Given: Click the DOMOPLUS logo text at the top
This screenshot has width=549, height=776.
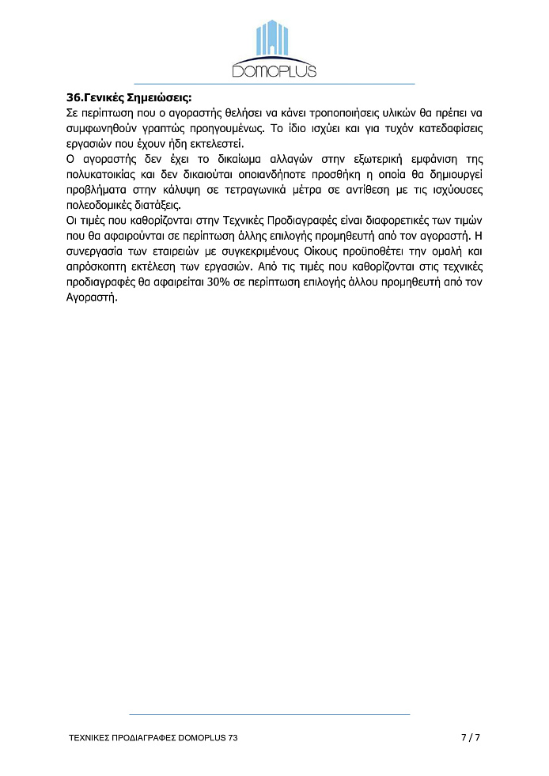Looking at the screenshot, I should click(x=274, y=71).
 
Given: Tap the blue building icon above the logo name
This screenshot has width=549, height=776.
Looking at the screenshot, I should click(x=274, y=40).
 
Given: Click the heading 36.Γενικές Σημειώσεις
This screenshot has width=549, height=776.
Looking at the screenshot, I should click(x=129, y=99).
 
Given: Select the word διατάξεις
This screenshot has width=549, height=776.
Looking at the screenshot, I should click(x=163, y=204).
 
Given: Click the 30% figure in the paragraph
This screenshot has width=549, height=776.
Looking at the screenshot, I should click(x=218, y=280).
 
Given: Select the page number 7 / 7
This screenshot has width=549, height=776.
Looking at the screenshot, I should click(x=471, y=737).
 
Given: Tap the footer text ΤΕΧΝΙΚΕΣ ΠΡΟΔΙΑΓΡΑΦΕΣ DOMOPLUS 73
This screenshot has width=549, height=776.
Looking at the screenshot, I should click(x=153, y=737).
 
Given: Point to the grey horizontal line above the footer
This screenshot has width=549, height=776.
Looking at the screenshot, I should click(x=269, y=714).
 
